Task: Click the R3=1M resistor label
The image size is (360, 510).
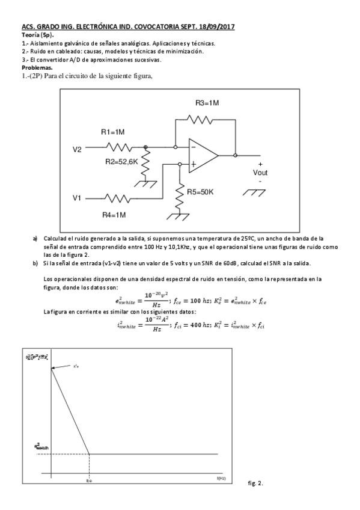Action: click(x=207, y=103)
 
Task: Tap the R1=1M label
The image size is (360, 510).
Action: click(x=112, y=132)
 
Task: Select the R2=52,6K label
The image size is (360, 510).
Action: click(x=121, y=162)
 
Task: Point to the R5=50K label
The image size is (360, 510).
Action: click(x=201, y=192)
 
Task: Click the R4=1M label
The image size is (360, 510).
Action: click(x=114, y=214)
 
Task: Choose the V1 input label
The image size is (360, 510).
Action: click(x=77, y=197)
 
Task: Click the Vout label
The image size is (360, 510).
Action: click(x=260, y=172)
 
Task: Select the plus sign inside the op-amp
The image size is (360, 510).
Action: click(x=193, y=163)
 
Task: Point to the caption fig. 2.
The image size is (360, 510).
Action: click(x=256, y=483)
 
